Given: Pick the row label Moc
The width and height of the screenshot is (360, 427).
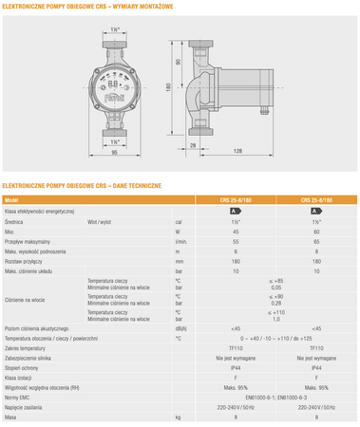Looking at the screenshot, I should pos(10,230).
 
